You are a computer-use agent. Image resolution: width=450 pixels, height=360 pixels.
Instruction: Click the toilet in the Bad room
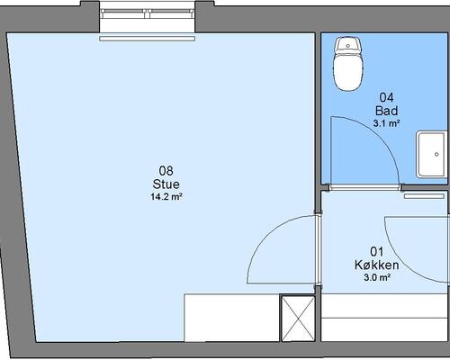(x=348, y=64)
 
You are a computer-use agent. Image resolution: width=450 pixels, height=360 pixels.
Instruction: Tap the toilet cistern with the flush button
(x=348, y=45)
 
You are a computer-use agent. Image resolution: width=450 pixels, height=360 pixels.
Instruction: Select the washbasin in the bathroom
(x=431, y=154)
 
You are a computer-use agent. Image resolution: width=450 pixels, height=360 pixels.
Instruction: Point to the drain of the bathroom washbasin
(x=436, y=154)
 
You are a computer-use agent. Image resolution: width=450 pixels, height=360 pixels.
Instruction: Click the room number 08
(x=166, y=171)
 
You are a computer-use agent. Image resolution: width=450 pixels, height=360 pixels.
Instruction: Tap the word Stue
(x=166, y=184)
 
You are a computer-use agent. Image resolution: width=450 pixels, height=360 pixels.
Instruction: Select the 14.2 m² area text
(x=166, y=197)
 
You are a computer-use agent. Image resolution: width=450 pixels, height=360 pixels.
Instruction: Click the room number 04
(x=386, y=97)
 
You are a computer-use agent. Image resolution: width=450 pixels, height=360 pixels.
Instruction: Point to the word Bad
(x=386, y=111)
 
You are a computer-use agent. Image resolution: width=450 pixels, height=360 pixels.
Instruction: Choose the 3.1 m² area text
(x=386, y=123)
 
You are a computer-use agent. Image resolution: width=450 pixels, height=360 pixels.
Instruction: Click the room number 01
(x=377, y=251)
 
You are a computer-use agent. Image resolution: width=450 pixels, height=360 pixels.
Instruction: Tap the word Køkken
(x=377, y=265)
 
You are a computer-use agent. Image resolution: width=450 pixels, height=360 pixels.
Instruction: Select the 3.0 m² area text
(x=377, y=277)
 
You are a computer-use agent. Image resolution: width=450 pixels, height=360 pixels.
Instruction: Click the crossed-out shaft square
(x=298, y=319)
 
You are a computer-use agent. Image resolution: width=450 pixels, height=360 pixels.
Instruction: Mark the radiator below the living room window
(x=148, y=39)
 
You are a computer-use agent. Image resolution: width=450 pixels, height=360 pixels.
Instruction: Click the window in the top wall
(x=148, y=13)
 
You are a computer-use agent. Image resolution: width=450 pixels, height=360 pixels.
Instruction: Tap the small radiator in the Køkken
(x=424, y=196)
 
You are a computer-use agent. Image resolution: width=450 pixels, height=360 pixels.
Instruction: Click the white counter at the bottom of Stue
(x=232, y=318)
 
